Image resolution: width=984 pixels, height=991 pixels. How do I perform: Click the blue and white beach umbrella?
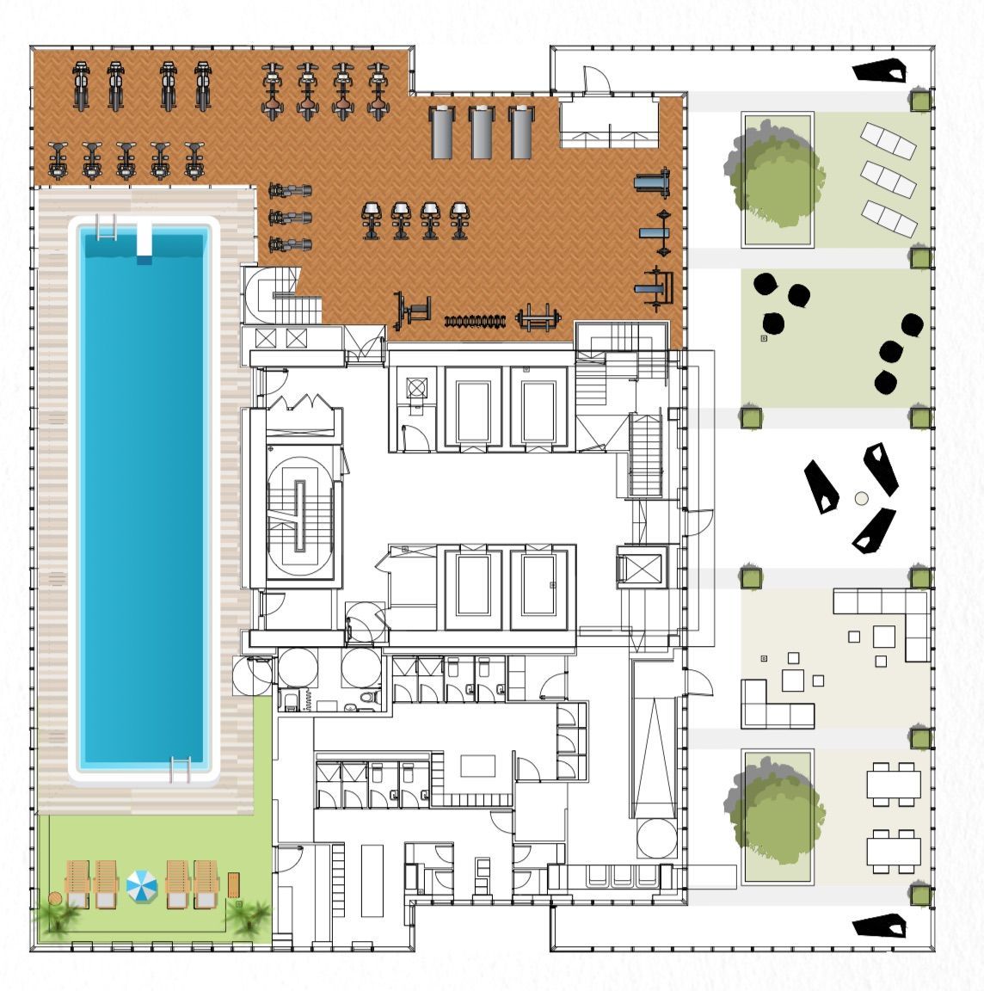coord(142,885)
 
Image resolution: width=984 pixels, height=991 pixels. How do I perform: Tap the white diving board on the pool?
coord(145,240)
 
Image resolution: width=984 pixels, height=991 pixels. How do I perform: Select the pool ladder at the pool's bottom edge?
coord(180,768)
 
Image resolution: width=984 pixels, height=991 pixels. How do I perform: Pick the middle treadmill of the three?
coord(483,132)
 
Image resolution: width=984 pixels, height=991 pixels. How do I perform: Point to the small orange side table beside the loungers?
coord(234,883)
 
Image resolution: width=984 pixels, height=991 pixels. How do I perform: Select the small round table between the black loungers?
coord(861,498)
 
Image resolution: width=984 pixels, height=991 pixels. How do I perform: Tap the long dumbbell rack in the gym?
coord(472,322)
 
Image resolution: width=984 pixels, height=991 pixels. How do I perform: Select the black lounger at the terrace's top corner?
coord(881,71)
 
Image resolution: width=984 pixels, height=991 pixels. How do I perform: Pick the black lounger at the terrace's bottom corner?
coord(881,926)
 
